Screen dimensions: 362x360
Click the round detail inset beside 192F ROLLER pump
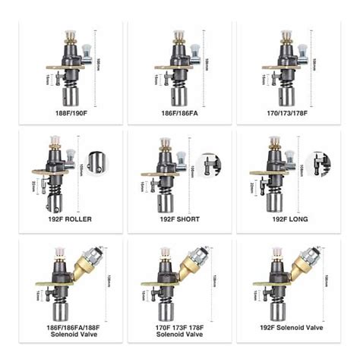tap(96, 162)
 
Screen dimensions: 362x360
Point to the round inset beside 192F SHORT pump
tap(207, 162)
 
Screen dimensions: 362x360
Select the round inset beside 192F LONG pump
tap(320, 162)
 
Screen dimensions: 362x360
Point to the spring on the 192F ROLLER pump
tap(52, 185)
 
